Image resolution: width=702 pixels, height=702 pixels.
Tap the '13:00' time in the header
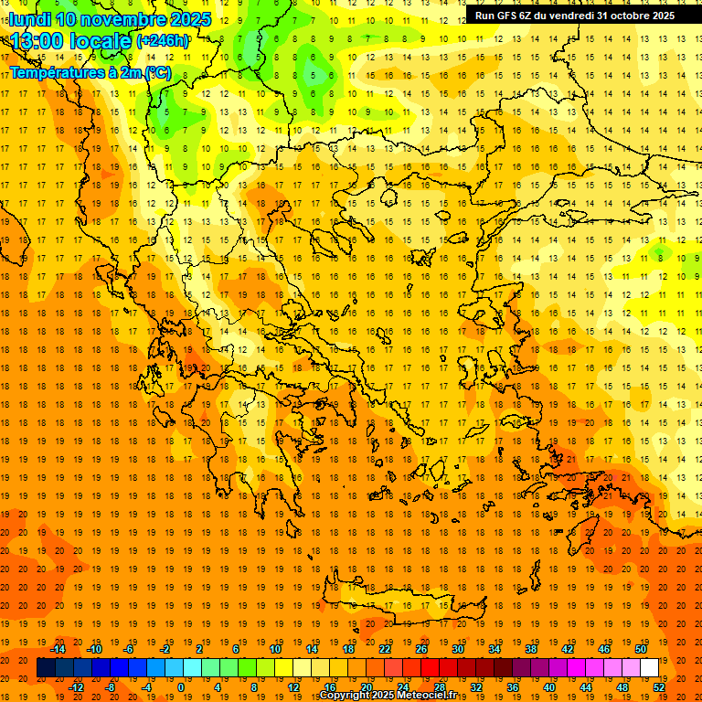[37, 40]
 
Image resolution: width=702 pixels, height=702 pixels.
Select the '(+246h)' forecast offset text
[163, 40]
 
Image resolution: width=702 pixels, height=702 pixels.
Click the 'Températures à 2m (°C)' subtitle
[90, 71]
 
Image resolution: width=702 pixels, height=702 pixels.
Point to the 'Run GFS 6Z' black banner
[575, 16]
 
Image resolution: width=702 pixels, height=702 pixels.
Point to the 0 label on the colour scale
[180, 686]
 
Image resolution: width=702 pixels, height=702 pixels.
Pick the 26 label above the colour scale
[421, 649]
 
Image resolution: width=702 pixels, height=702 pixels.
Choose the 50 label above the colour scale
[640, 649]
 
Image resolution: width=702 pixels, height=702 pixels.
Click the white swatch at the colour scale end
[649, 668]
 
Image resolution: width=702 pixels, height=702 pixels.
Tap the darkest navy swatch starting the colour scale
[46, 668]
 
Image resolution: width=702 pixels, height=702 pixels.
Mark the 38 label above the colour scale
[531, 649]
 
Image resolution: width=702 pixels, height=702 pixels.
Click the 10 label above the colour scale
[275, 649]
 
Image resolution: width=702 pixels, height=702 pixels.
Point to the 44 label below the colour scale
[586, 686]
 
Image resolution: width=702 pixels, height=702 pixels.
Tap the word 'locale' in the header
[100, 40]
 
